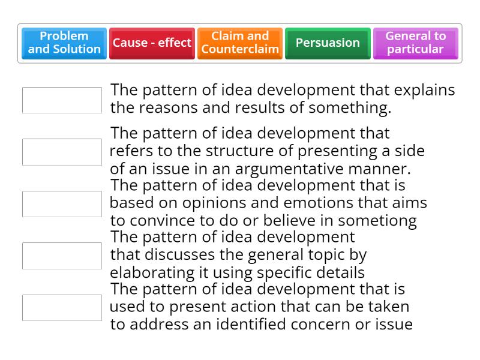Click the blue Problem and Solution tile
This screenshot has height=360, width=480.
(64, 43)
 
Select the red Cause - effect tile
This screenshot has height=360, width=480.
(152, 43)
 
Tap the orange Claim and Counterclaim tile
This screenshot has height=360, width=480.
(240, 43)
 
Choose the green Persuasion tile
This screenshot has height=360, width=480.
(328, 43)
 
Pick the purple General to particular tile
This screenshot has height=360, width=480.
(415, 43)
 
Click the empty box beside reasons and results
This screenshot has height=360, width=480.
(62, 100)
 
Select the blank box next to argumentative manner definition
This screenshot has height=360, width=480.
(62, 152)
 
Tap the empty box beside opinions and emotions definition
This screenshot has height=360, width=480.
(62, 204)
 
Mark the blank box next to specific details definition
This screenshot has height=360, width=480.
(62, 256)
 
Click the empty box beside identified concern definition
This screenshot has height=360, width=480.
(62, 308)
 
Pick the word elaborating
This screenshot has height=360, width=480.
(153, 272)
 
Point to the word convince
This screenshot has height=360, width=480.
(164, 221)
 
